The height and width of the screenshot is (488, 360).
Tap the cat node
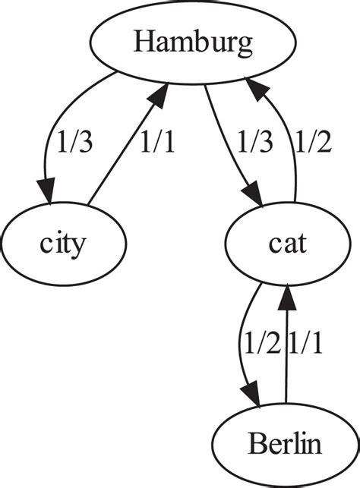pyautogui.click(x=287, y=244)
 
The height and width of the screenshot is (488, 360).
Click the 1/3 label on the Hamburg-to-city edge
pyautogui.click(x=75, y=142)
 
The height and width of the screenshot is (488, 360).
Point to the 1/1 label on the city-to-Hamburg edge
pyautogui.click(x=156, y=142)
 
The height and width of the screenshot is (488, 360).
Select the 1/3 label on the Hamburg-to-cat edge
pyautogui.click(x=254, y=142)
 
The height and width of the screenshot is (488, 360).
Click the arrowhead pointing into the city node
pyautogui.click(x=49, y=196)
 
